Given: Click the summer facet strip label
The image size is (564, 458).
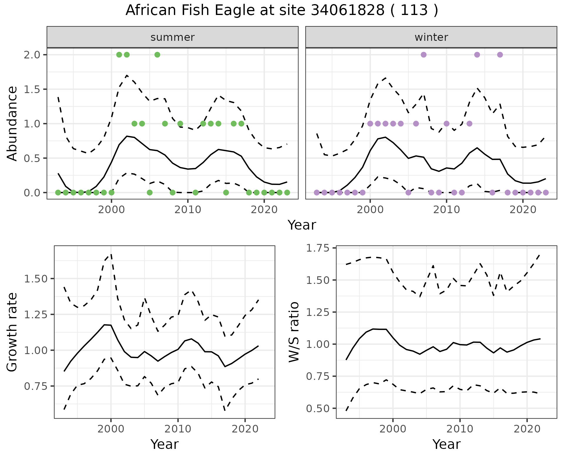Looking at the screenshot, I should [x=172, y=37].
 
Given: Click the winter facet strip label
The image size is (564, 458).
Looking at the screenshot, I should [x=431, y=37].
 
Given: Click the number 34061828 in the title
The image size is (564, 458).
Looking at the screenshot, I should [x=348, y=11].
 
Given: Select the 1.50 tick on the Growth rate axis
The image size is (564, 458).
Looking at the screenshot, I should [x=36, y=279].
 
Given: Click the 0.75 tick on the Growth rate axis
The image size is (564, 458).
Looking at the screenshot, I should [x=36, y=386].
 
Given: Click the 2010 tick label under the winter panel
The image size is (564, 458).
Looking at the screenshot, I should [x=446, y=210].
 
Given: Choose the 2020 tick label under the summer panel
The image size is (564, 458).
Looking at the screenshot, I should [x=264, y=210].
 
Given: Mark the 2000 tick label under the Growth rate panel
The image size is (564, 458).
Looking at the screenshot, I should [x=111, y=429].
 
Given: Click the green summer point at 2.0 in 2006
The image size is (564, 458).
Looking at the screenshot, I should [x=157, y=55].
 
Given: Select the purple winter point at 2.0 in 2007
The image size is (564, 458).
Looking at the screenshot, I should [x=424, y=55].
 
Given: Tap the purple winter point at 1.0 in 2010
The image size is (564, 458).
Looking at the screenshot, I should [x=446, y=124].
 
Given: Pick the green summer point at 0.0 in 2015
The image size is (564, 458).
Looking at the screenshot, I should [x=226, y=193].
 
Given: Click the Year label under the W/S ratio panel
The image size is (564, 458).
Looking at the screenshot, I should [x=446, y=444].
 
